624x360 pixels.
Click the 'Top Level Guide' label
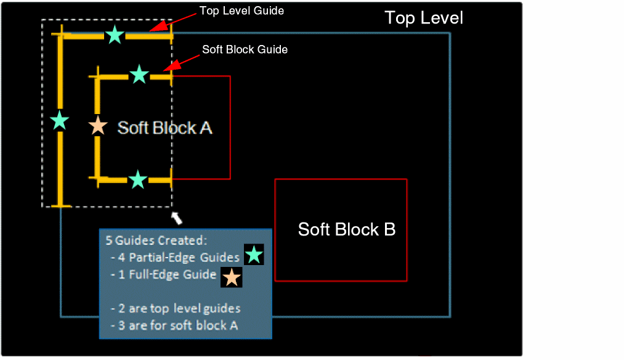point(241,11)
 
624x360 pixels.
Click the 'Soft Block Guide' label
point(245,49)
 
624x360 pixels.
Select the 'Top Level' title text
point(424,18)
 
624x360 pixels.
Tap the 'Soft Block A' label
point(165,128)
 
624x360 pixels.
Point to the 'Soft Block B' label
point(347,229)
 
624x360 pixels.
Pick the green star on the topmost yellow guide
point(114,35)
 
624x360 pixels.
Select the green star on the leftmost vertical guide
point(59,120)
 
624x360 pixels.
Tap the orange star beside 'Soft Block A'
point(98,126)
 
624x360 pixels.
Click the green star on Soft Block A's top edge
point(139,75)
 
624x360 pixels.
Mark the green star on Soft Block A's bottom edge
point(138,179)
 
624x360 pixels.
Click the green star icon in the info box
point(254,255)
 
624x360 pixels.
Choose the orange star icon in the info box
point(231,277)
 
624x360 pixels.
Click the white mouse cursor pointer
point(177,218)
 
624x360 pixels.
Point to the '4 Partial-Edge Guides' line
point(175,257)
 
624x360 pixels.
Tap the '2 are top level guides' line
point(176,308)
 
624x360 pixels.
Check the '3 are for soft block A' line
point(174,325)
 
